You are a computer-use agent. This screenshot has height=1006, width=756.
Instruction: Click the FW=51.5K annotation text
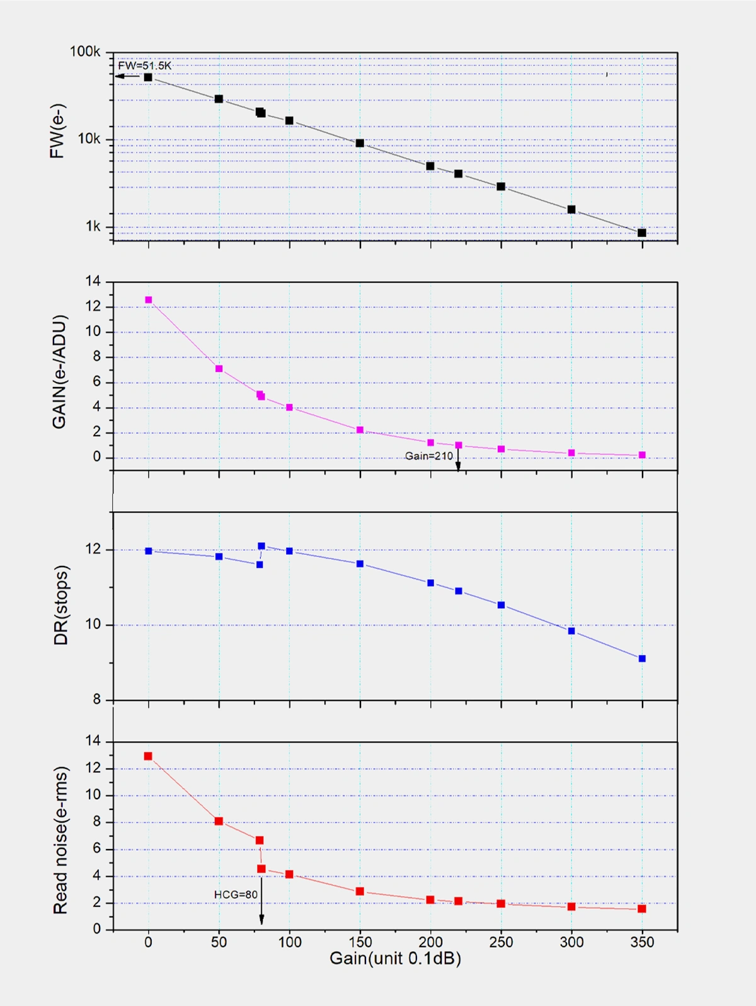point(144,66)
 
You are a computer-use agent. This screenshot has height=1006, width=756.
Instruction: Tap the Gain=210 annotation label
point(428,456)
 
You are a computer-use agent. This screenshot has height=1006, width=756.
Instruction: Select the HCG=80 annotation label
point(236,894)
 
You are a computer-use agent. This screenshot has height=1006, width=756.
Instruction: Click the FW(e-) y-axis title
point(57,130)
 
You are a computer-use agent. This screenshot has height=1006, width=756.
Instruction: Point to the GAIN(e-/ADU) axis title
point(59,372)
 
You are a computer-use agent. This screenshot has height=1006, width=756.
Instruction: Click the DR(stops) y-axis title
point(60,605)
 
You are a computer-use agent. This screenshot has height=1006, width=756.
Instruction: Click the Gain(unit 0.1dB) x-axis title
point(395,959)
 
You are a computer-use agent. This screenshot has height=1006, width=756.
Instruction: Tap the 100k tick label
point(84,52)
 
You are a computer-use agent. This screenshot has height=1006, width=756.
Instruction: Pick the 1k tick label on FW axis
point(93,226)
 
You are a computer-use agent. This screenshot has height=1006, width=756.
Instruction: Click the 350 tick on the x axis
point(642,942)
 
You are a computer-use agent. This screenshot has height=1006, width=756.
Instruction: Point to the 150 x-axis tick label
point(360,942)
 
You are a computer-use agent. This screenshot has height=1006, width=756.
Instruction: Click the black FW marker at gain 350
point(642,233)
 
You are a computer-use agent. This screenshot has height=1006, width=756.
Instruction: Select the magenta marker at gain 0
point(149,300)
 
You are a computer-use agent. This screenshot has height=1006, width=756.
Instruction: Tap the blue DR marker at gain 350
point(642,659)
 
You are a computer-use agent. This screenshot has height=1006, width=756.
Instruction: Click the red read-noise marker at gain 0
point(148,756)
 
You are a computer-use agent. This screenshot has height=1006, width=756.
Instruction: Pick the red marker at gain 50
point(219,821)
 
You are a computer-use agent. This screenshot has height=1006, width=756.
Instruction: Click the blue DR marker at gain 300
point(571,631)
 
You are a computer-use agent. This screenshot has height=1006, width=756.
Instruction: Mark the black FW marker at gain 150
point(360,143)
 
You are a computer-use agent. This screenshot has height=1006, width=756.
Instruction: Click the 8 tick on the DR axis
point(96,699)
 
